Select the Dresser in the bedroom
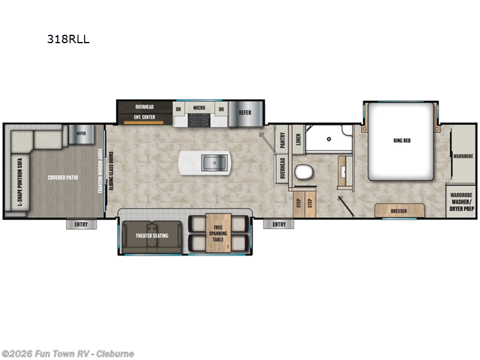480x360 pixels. [399, 211]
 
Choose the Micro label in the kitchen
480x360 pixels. [199, 109]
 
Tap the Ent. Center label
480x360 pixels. [145, 118]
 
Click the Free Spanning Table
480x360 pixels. [218, 235]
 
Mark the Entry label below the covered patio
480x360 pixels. [81, 224]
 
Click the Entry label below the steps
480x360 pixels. [279, 224]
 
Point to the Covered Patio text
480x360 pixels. [64, 178]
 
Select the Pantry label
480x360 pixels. [282, 139]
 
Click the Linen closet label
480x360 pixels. [298, 139]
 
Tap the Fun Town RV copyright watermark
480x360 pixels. [68, 353]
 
